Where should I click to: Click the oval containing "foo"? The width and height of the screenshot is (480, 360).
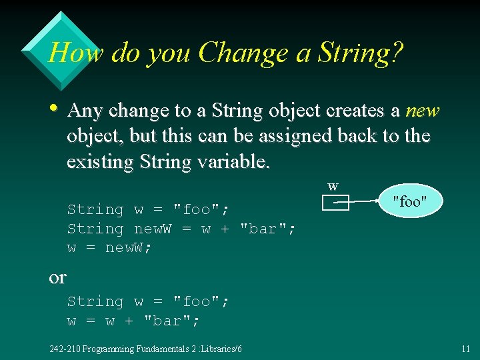(x=409, y=201)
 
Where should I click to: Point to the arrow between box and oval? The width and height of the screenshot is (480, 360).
(x=364, y=200)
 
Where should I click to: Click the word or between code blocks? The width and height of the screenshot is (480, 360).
(x=57, y=277)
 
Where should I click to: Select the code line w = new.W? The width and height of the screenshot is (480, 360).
(x=110, y=248)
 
